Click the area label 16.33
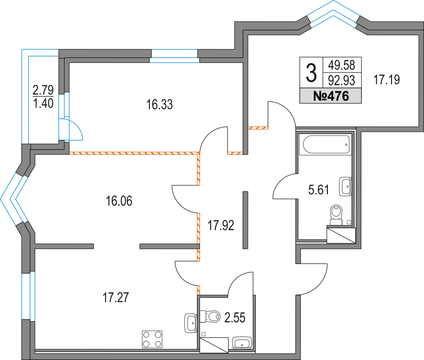(160, 104)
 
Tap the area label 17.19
(387, 80)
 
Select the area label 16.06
(119, 201)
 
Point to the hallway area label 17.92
(221, 224)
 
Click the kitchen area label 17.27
(116, 297)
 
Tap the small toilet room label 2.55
(235, 317)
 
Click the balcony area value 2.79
(43, 88)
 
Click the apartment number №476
(331, 97)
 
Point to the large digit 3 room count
(311, 72)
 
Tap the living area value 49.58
(342, 64)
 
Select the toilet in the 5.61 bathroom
(336, 213)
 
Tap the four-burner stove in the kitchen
(152, 339)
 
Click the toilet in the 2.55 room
(211, 316)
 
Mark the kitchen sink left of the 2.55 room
(191, 323)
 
